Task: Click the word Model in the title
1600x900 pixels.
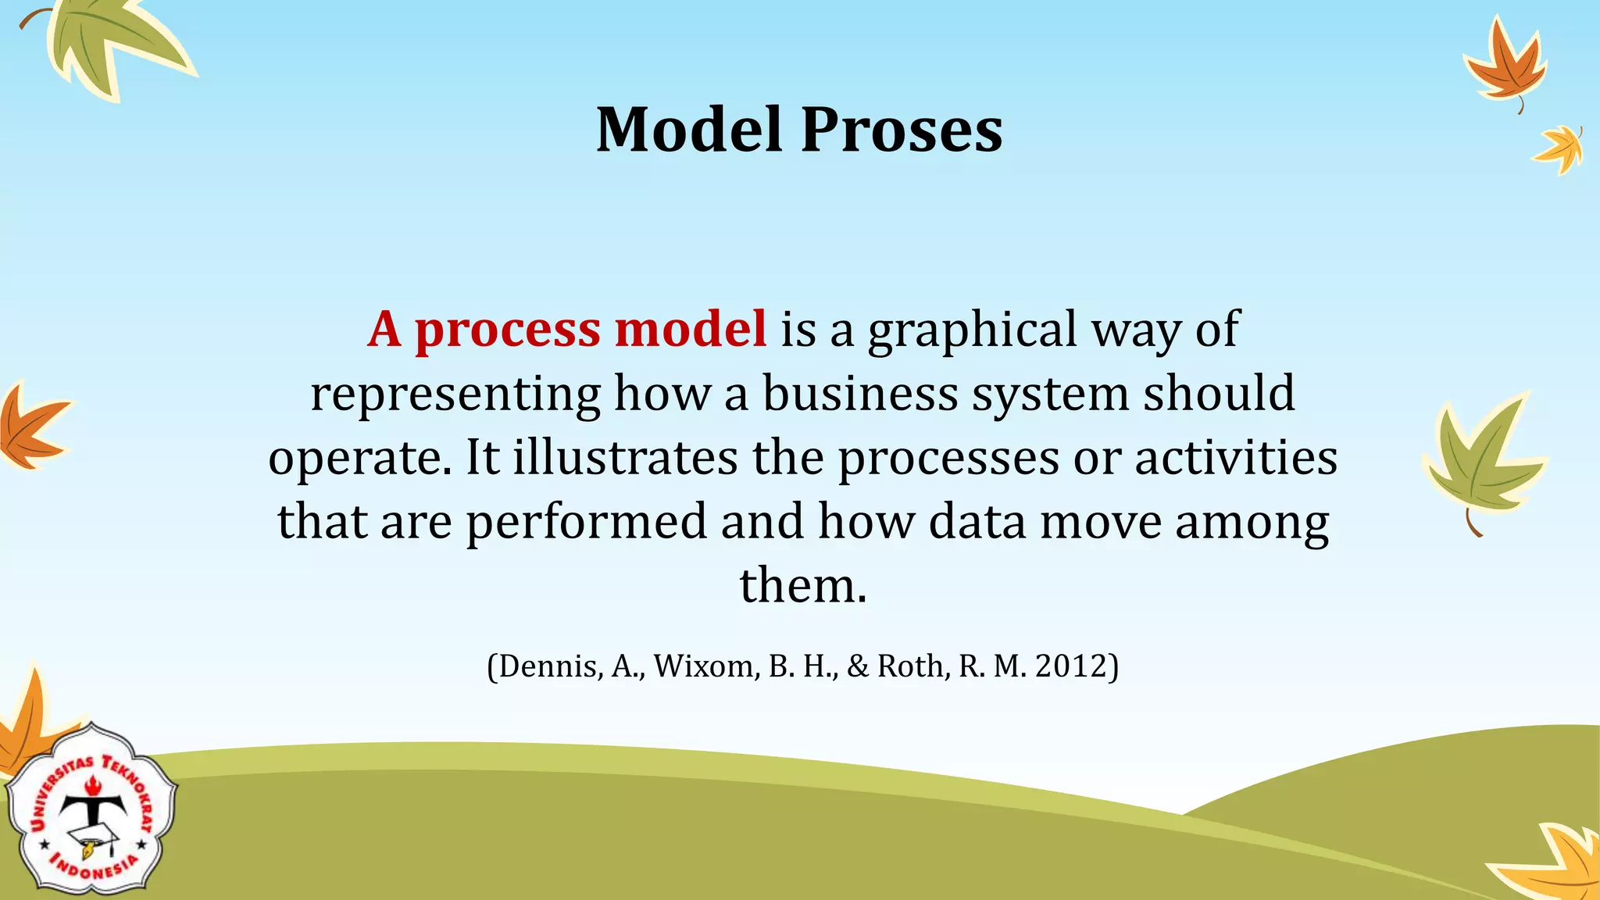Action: tap(689, 130)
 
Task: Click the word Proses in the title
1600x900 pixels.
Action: tap(902, 130)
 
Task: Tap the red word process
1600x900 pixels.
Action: tap(507, 330)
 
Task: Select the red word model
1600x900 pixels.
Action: tap(691, 329)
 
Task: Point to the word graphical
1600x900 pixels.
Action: tap(973, 330)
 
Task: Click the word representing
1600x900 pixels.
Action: tap(455, 395)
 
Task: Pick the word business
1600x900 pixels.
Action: tap(860, 393)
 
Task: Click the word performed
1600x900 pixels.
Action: tap(587, 522)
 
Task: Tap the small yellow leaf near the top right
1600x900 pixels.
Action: tap(1559, 148)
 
